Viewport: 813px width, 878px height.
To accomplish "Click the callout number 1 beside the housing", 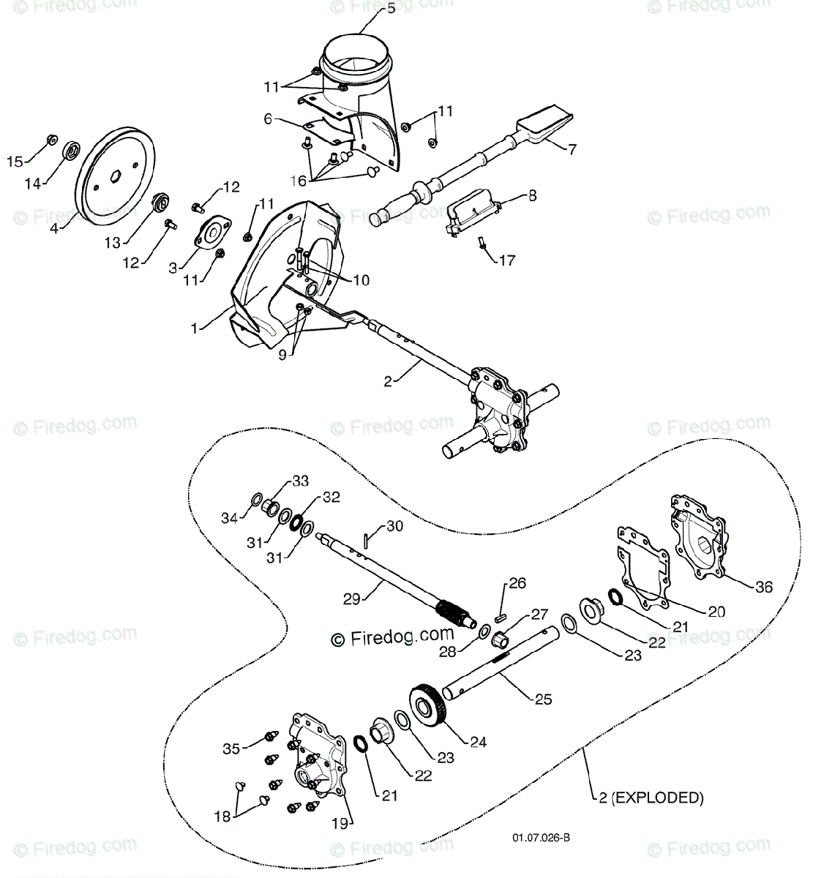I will (194, 329).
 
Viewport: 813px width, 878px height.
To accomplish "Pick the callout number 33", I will (280, 481).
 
